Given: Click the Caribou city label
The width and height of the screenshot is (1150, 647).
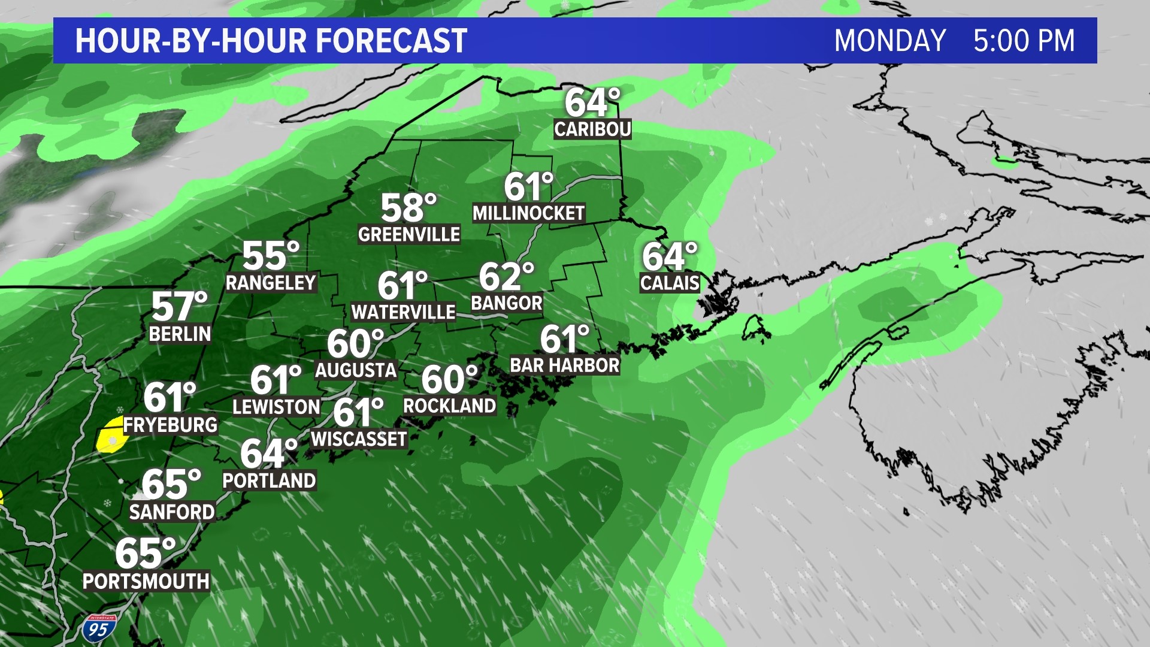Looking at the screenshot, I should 592,129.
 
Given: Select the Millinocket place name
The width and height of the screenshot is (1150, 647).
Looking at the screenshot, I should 528,213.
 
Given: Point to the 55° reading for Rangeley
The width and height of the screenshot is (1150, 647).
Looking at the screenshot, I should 270,256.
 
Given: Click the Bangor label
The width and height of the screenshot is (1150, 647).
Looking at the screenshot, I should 506,303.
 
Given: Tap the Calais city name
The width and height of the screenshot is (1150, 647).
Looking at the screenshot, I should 670,283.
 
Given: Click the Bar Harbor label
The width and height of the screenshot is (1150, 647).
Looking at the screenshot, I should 564,365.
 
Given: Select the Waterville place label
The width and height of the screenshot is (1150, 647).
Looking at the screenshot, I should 403,312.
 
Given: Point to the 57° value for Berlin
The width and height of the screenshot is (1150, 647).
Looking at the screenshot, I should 179,307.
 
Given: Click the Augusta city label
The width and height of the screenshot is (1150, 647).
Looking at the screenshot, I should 356,370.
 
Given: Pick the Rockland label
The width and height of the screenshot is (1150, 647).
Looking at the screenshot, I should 449,406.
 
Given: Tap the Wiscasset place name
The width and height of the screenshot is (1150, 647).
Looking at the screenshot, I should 359,439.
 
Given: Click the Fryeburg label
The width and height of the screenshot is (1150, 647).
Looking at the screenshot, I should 170,425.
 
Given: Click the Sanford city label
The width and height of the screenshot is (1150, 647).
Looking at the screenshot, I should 172,512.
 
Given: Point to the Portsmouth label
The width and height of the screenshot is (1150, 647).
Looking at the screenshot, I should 146,581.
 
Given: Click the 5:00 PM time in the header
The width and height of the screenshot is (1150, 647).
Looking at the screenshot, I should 1024,41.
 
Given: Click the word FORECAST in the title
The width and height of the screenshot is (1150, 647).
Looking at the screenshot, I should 391,41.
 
